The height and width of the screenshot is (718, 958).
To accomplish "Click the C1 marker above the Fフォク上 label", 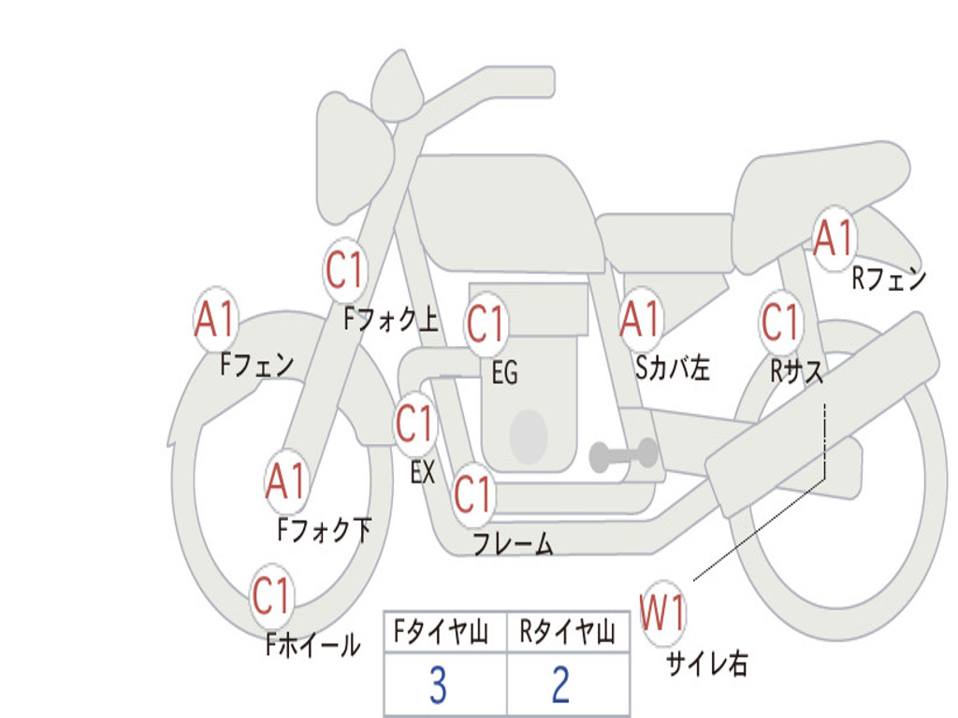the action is pos(344,270).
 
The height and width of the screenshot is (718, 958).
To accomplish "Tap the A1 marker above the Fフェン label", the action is pos(215,319).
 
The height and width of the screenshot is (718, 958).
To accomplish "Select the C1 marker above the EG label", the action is pos(486,323).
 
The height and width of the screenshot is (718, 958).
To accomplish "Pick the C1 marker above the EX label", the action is pos(414,424).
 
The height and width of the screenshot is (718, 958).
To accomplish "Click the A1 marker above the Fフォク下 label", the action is pos(286,481).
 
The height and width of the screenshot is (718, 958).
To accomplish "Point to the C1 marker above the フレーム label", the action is pos(472,494).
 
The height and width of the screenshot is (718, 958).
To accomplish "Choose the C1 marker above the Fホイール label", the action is pos(271,596).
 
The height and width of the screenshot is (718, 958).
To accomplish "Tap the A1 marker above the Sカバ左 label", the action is pos(640,319).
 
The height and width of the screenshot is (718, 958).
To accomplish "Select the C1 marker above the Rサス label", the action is pos(781,322).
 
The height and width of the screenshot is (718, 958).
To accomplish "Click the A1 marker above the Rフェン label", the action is pos(834,238).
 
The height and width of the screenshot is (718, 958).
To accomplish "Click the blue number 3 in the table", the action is pos(438,685).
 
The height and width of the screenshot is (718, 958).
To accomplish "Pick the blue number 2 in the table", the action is pos(561,685).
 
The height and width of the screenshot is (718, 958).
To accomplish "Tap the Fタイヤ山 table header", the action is pos(442,631).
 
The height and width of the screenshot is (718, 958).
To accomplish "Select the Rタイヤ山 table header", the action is pos(567,631).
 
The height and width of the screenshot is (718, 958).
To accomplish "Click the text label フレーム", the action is pos(514,543).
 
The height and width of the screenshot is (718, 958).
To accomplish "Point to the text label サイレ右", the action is pos(707,663).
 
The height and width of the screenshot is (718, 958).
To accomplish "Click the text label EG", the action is pos(504,372).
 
